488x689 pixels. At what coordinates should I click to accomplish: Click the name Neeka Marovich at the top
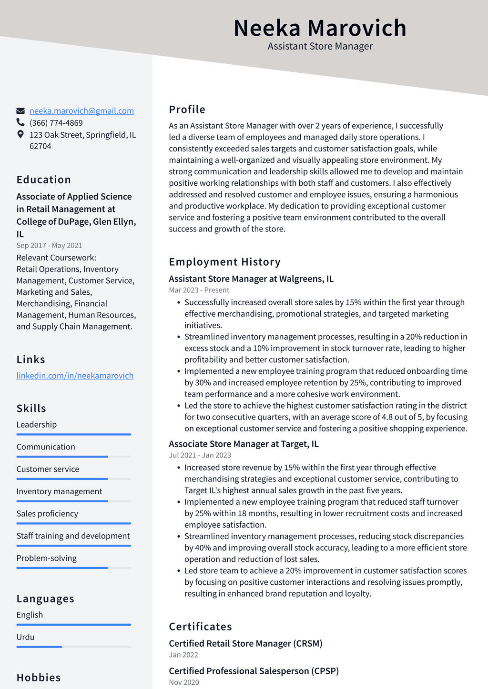(x=320, y=28)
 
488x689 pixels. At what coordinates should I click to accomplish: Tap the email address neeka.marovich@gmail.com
(x=81, y=111)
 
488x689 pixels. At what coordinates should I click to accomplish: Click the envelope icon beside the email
(x=20, y=111)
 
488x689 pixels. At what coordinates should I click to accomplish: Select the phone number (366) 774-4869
(x=56, y=123)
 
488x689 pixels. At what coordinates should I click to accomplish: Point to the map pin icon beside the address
(x=20, y=135)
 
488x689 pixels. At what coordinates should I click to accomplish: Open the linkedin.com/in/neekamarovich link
(x=75, y=376)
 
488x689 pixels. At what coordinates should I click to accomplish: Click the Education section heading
(x=44, y=180)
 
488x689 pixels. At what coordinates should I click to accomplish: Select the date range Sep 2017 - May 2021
(x=49, y=246)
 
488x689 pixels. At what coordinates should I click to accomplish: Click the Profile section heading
(x=187, y=110)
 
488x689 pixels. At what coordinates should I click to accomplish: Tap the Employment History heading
(x=224, y=262)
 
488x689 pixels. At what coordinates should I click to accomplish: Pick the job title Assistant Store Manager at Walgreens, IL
(x=251, y=279)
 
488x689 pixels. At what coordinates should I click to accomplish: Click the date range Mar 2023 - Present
(x=199, y=290)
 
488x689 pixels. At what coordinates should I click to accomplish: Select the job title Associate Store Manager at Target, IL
(x=244, y=444)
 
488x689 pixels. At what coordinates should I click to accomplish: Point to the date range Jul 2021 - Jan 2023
(x=200, y=456)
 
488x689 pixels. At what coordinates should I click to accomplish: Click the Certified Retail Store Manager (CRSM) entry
(x=245, y=644)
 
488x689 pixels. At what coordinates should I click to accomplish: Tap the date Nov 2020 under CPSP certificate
(x=184, y=682)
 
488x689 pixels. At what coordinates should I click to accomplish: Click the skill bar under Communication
(x=73, y=457)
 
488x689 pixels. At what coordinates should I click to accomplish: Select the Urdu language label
(x=25, y=637)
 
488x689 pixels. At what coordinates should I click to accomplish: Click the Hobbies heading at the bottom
(x=39, y=678)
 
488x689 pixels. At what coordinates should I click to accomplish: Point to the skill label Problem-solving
(x=46, y=558)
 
